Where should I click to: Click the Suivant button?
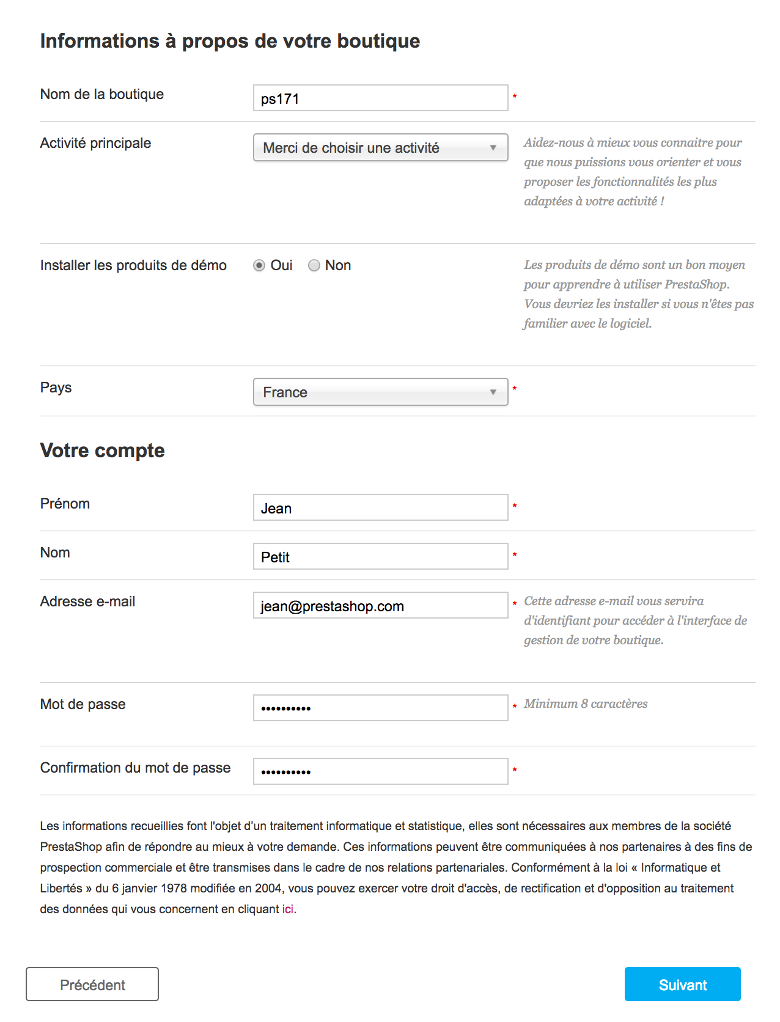pos(682,984)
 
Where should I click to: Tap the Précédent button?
pos(92,984)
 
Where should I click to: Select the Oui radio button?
pos(259,265)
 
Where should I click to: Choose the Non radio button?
pos(314,265)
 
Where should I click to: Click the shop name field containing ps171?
pos(380,98)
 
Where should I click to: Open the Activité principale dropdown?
pos(380,147)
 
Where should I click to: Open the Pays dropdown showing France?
pos(380,392)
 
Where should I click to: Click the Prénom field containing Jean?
pos(380,507)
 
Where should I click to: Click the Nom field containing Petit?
pos(380,556)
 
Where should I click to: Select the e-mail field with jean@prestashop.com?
pos(380,605)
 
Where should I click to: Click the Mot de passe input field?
pos(380,708)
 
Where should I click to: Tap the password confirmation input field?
pos(380,771)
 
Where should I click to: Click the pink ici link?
pos(287,909)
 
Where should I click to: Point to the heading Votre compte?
pos(103,450)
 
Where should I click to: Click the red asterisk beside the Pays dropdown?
pos(515,389)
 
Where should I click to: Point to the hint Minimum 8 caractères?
pos(586,704)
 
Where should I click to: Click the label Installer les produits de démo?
pos(133,265)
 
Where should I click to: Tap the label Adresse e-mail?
pos(87,601)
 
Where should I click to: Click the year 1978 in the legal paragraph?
pos(174,888)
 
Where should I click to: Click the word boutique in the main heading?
pos(378,41)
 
